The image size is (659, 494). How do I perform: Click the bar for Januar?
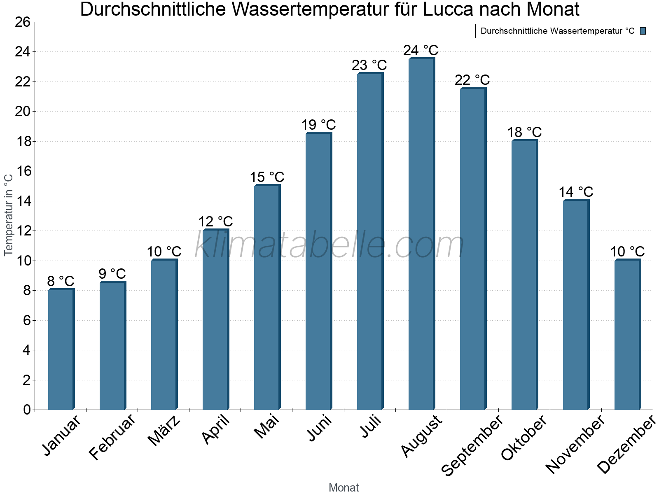(x=61, y=350)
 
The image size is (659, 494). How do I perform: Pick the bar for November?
(x=576, y=305)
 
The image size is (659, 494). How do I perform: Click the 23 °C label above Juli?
(x=369, y=65)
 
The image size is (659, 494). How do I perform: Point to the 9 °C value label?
(x=112, y=274)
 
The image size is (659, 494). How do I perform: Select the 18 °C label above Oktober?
(x=524, y=132)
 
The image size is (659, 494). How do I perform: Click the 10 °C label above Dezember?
(x=627, y=252)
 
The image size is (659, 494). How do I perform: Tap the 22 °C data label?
(x=472, y=80)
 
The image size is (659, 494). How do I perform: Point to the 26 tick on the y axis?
(x=23, y=22)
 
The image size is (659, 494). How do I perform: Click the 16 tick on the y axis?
(x=23, y=171)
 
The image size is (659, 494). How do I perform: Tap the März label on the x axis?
(x=164, y=431)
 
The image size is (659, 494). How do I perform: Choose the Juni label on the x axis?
(x=319, y=428)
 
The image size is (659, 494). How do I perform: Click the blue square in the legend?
(x=643, y=31)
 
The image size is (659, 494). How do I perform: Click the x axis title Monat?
(x=344, y=487)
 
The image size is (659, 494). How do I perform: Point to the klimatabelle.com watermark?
(x=329, y=245)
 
